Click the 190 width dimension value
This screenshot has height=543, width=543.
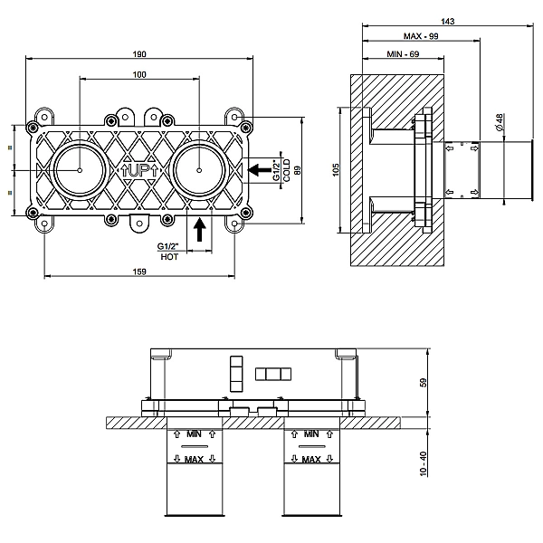pyautogui.click(x=139, y=54)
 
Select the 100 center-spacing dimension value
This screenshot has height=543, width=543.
pyautogui.click(x=139, y=74)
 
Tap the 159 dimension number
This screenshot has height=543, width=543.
pyautogui.click(x=139, y=271)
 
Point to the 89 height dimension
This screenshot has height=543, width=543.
pyautogui.click(x=298, y=170)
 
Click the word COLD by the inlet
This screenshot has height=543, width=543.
pyautogui.click(x=287, y=170)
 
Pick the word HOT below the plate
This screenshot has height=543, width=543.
pyautogui.click(x=169, y=257)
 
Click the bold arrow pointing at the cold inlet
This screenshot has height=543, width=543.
pyautogui.click(x=260, y=170)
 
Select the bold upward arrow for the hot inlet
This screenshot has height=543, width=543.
pyautogui.click(x=199, y=229)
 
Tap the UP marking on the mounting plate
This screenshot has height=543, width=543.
pyautogui.click(x=139, y=171)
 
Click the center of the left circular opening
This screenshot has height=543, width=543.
pyautogui.click(x=80, y=170)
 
